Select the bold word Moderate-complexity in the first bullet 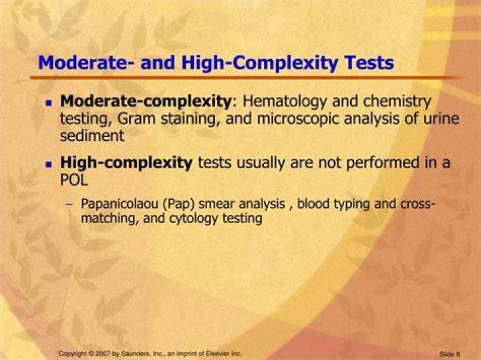click(146, 102)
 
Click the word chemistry click(397, 102)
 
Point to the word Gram click(136, 119)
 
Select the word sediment click(92, 136)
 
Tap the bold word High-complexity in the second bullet click(126, 163)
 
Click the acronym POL click(74, 180)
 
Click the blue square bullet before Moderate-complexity click(49, 102)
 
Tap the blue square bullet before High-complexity click(49, 164)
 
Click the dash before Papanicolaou click(69, 204)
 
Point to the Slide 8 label click(450, 354)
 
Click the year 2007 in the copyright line click(104, 353)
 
